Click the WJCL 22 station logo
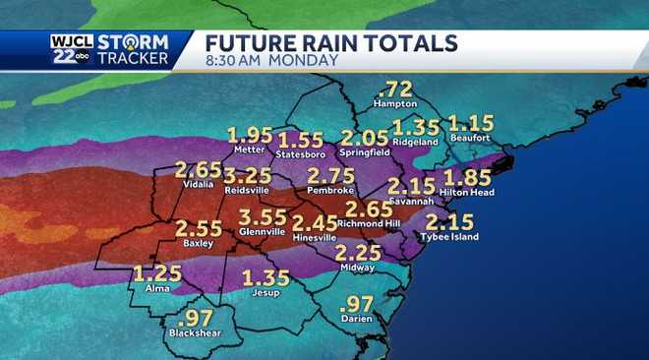[x=72, y=50]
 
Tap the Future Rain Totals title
[x=331, y=43]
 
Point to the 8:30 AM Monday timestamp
[x=271, y=61]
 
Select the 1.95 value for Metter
[x=251, y=135]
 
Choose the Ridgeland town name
[x=416, y=141]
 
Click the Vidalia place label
[x=200, y=183]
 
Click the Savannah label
[x=410, y=201]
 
